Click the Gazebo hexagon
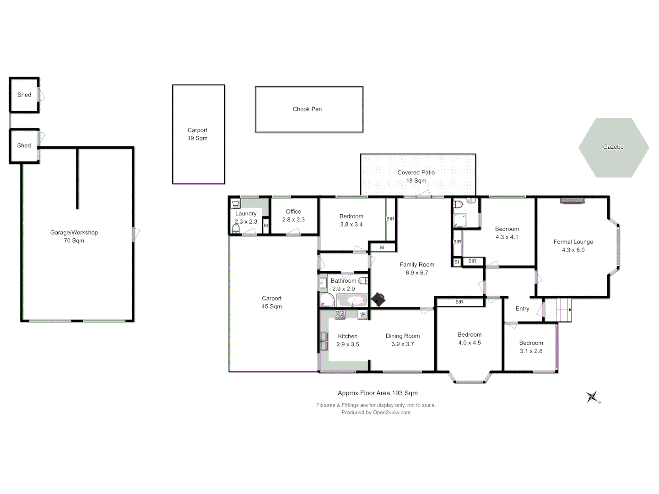coord(613,147)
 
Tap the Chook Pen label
coord(307,109)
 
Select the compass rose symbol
coord(593,397)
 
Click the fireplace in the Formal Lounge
coord(572,200)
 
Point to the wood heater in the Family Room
coord(378,300)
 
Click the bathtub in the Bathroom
coord(352,301)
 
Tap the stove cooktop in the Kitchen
coord(340,314)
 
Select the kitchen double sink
coord(324,341)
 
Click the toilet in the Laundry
coord(236,228)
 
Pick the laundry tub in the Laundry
coord(236,204)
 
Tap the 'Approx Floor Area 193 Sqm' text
coord(378,393)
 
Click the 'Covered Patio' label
coord(416,172)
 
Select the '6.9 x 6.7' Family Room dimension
coord(416,273)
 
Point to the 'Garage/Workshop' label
coord(74,232)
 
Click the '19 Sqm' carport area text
coord(197,139)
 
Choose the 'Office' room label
coord(293,212)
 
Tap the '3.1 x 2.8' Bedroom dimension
coord(531,351)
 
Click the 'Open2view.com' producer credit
coord(391,413)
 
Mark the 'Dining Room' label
coord(402,336)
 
